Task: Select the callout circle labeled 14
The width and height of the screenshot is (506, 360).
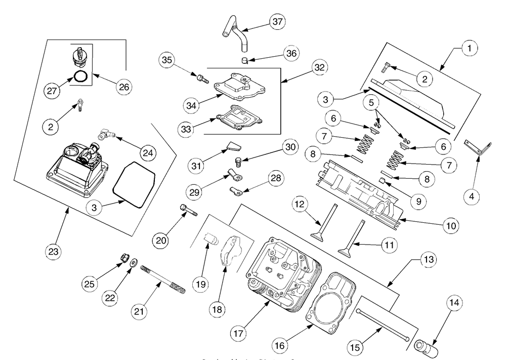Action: (454, 303)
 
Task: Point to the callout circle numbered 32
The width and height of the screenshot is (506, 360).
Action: (320, 67)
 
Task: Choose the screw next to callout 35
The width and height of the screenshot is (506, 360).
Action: (202, 78)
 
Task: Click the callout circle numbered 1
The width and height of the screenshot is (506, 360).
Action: (469, 49)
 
